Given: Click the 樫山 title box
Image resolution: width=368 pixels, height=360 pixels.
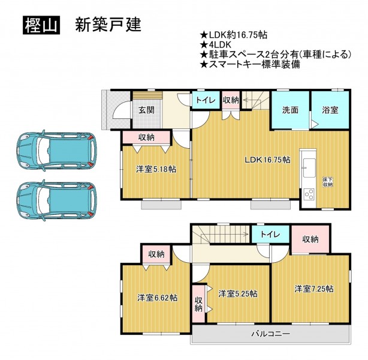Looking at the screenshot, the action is (x=41, y=25).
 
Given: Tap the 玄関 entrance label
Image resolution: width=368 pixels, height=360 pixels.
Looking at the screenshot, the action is (x=146, y=110).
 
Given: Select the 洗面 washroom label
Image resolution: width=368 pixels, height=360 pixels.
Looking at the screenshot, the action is (x=290, y=110).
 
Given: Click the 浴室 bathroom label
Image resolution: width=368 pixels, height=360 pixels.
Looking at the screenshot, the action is (x=330, y=110).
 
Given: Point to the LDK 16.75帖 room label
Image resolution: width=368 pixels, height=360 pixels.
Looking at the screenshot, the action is (x=267, y=160).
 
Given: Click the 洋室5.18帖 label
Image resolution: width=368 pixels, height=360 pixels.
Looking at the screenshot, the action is (x=156, y=169).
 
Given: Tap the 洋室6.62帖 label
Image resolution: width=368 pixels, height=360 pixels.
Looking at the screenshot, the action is (x=157, y=298).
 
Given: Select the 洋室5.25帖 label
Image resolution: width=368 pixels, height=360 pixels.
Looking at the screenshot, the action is (x=238, y=293).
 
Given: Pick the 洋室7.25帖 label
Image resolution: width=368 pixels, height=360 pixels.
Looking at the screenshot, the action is (x=314, y=289).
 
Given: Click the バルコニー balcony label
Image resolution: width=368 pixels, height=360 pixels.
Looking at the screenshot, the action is (x=271, y=334).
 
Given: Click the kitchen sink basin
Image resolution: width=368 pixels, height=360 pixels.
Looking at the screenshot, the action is (x=309, y=168).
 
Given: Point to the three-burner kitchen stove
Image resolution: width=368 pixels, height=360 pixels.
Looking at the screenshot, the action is (x=309, y=194).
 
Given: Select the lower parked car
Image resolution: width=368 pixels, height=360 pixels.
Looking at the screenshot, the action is (x=56, y=200).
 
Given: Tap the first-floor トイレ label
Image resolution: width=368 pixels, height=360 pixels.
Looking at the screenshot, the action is (x=206, y=100).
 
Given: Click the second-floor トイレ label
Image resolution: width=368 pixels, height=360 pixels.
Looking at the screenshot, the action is (x=270, y=234).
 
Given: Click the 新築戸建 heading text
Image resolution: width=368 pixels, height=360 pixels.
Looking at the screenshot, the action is (x=108, y=25).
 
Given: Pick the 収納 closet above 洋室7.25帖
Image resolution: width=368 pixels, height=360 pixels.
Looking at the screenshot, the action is (x=310, y=239).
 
